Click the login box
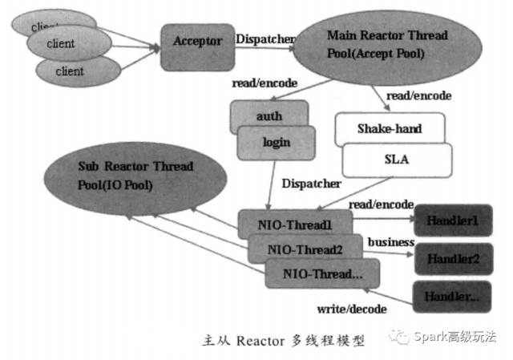pyautogui.click(x=274, y=143)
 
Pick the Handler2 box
pyautogui.click(x=451, y=259)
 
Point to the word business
pyautogui.click(x=390, y=242)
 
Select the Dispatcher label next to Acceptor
pyautogui.click(x=264, y=37)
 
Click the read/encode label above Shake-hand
pyautogui.click(x=418, y=95)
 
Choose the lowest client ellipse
pyautogui.click(x=70, y=71)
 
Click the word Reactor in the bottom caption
pyautogui.click(x=252, y=340)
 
